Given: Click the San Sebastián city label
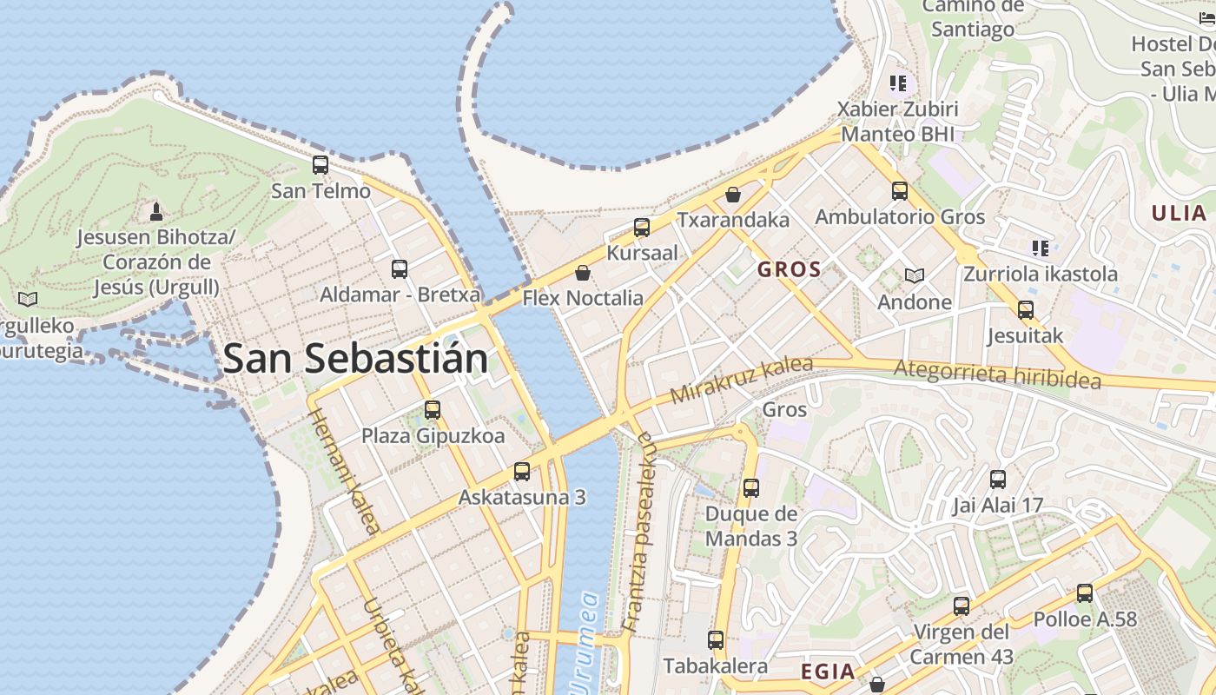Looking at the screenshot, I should coord(354,359).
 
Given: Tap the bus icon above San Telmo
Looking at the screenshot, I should coord(321,164).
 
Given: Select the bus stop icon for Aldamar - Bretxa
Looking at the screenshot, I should coord(400,268).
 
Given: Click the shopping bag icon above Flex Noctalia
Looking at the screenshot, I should coord(583,273).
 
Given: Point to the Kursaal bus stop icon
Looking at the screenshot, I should coord(642,228).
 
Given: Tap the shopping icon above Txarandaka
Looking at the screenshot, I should coord(733,194).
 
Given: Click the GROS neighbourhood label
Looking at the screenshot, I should coord(789,269).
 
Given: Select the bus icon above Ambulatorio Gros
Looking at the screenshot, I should coord(900,190).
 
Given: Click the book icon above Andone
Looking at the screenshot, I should coord(914,275).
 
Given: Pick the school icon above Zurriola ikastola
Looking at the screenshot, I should coord(1041,248).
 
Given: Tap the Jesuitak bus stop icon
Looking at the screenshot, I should coord(1026,309).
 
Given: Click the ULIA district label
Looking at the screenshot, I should coord(1179,213).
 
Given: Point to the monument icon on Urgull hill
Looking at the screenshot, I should coord(156,211).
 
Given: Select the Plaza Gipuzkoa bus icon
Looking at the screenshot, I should coord(433,409).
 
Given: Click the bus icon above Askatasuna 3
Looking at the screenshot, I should coord(522,471).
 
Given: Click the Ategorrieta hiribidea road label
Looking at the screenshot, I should coord(997,374).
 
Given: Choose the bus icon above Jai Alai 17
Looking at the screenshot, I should coord(998,479).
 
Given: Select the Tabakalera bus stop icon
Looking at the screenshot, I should coord(716,640).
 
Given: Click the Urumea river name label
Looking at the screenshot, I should coord(583,643).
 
